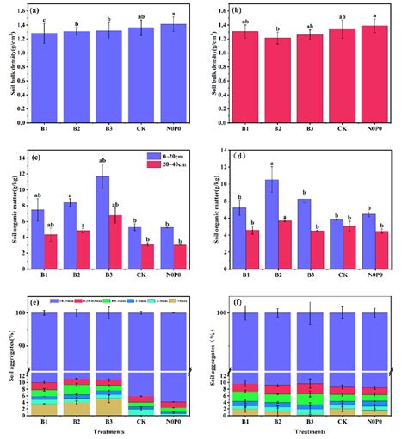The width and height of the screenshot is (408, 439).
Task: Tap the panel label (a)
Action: [35, 12]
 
